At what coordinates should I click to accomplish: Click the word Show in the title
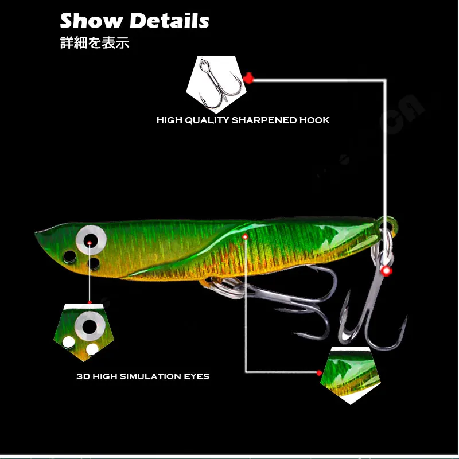[92, 21]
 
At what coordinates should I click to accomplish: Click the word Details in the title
[169, 21]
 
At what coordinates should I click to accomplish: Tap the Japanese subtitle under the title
[95, 43]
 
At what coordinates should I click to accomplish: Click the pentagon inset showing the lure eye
[86, 333]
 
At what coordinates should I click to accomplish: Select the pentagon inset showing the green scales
[351, 376]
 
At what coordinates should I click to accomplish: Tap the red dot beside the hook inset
[248, 77]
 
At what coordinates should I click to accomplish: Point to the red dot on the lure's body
[246, 236]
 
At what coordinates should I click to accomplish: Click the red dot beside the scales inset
[320, 373]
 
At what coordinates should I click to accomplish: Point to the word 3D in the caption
[83, 376]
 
